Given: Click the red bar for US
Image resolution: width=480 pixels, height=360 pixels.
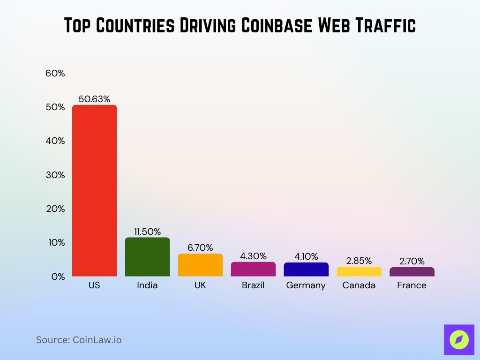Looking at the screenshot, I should [x=94, y=190].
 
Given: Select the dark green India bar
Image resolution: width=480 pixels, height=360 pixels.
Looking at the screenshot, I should [x=147, y=257].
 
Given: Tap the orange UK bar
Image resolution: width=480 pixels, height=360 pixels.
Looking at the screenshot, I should [x=200, y=265].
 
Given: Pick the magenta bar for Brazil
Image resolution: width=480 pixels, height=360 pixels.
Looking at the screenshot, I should [x=253, y=269].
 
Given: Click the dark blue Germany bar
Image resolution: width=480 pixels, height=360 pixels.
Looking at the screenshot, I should [x=306, y=270].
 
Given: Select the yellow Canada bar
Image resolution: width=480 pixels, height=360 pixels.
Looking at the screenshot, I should [x=359, y=271].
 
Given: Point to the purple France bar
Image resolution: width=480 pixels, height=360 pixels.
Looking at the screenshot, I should [x=412, y=272].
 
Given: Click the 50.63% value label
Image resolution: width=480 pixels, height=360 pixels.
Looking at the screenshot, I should [x=94, y=99].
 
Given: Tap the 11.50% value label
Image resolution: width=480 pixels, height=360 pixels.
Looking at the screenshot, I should [x=147, y=232].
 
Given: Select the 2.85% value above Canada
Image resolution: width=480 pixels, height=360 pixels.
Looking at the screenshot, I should [x=359, y=261].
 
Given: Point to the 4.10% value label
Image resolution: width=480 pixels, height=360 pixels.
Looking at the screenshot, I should [x=306, y=256].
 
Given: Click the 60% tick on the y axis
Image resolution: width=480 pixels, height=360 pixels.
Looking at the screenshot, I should [x=55, y=74].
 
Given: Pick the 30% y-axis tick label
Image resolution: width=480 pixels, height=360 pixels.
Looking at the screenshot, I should [x=55, y=175].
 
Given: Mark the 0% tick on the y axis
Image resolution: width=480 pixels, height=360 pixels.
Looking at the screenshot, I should [x=58, y=277].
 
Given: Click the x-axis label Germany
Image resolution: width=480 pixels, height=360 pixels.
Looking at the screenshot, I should [x=306, y=285].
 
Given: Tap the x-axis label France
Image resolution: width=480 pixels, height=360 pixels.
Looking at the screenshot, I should [x=412, y=285].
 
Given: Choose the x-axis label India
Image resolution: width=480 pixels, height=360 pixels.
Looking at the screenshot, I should [x=147, y=285].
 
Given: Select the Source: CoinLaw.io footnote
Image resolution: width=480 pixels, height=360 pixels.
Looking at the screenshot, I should [x=79, y=340].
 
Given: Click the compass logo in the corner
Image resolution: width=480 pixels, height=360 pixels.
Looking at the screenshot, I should [x=459, y=339].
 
